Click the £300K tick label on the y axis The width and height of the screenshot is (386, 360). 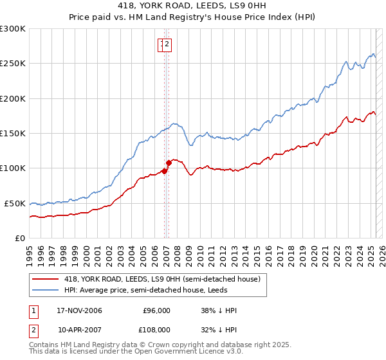click(x=13, y=29)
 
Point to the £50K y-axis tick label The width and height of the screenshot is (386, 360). click(x=15, y=203)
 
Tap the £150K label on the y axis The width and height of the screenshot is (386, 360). click(x=13, y=133)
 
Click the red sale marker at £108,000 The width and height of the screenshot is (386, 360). click(x=169, y=163)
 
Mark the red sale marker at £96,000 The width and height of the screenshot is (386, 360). click(x=164, y=171)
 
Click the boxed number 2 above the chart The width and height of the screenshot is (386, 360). click(x=167, y=44)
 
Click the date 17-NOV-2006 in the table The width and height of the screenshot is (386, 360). click(x=79, y=310)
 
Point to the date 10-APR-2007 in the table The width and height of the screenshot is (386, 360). click(x=79, y=329)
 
